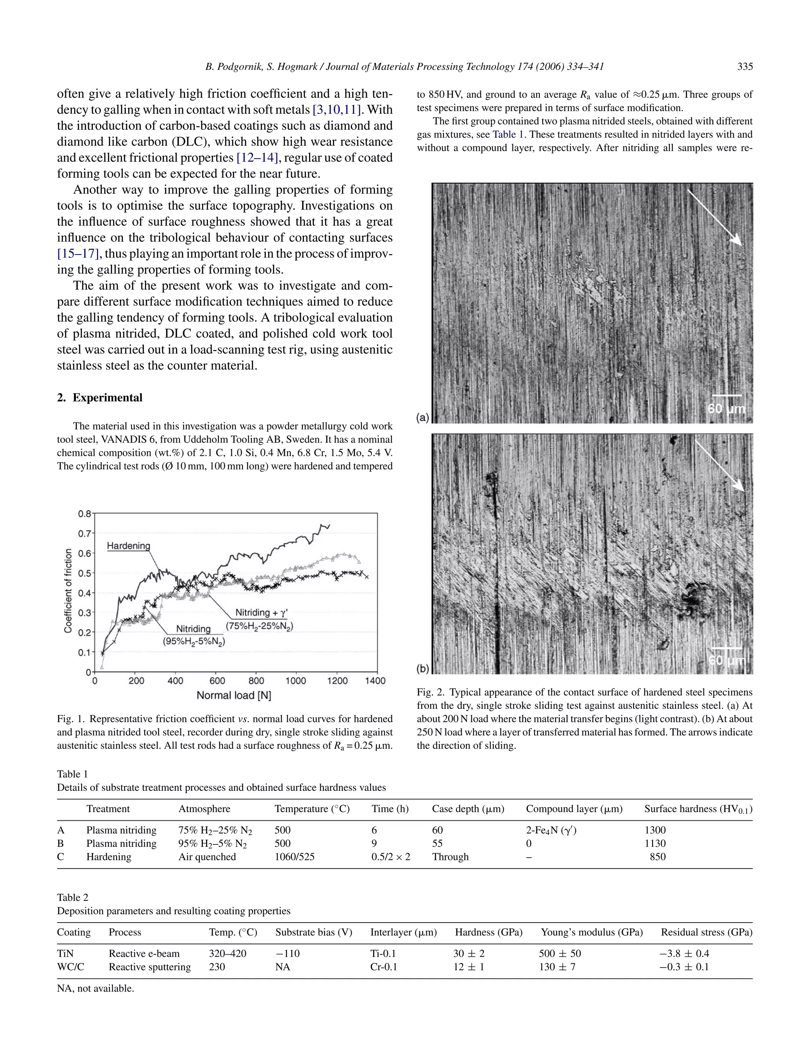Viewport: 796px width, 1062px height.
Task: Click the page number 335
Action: click(745, 67)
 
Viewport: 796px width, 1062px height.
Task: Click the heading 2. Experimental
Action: click(100, 398)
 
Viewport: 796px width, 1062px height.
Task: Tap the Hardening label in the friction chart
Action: click(128, 546)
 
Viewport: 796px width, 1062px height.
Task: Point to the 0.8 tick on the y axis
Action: click(84, 514)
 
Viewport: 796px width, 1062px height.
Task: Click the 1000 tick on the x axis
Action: click(295, 681)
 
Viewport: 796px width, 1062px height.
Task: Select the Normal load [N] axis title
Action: click(234, 696)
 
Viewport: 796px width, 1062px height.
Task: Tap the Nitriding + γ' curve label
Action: click(261, 613)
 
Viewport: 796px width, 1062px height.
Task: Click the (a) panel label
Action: click(422, 418)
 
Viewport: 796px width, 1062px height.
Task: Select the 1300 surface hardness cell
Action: click(655, 830)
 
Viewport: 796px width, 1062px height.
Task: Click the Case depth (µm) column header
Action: click(468, 809)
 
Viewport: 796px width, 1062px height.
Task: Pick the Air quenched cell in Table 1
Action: click(207, 857)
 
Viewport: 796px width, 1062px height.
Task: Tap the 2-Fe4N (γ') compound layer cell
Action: click(551, 830)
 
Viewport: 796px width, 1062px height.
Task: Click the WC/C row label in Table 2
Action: click(71, 967)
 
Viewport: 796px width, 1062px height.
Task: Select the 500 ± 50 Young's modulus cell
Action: click(559, 954)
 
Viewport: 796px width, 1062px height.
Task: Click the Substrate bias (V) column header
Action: click(314, 932)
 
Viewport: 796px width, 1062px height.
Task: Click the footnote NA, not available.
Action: click(96, 989)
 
